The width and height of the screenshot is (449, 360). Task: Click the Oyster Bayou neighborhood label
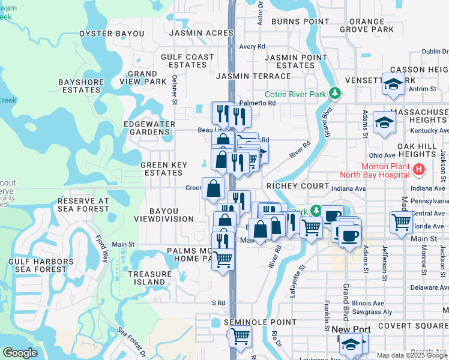pos(112,34)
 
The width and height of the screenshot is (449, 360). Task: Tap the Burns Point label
pos(296,22)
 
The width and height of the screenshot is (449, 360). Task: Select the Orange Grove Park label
pos(367,25)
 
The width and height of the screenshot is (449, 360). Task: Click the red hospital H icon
pos(419,170)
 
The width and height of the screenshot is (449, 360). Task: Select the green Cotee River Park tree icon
pos(337,94)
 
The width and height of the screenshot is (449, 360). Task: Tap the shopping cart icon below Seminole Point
pos(240,337)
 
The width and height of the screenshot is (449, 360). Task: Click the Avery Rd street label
pos(252,46)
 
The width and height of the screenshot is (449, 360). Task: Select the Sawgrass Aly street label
pos(372,312)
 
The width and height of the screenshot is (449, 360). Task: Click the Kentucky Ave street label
pos(429,130)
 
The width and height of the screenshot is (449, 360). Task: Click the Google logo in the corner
pos(20,353)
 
